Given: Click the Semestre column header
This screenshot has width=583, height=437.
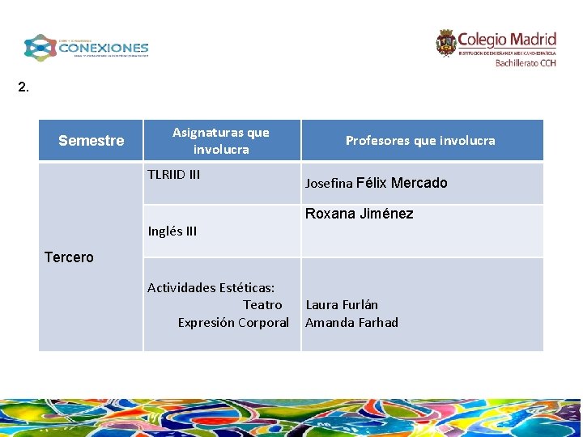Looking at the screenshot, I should pyautogui.click(x=91, y=141).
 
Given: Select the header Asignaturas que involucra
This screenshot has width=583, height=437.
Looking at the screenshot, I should pyautogui.click(x=221, y=141).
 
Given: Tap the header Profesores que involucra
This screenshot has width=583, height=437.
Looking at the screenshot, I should pyautogui.click(x=420, y=141).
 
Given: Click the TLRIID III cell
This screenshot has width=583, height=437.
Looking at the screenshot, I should pyautogui.click(x=174, y=175).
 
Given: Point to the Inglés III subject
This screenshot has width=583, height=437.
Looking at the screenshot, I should pyautogui.click(x=172, y=231).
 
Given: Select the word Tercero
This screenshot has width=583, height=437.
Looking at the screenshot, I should pyautogui.click(x=69, y=257).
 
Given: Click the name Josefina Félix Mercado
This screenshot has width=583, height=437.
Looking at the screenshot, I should pyautogui.click(x=376, y=184).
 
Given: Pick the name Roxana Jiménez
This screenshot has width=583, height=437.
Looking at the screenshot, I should pyautogui.click(x=359, y=214).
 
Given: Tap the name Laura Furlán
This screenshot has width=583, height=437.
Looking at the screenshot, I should pyautogui.click(x=342, y=305).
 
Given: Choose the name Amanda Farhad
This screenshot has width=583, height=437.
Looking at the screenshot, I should pyautogui.click(x=351, y=323).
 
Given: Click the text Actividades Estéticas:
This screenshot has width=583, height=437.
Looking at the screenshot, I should pyautogui.click(x=211, y=287).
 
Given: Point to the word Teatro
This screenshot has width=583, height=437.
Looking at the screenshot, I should pyautogui.click(x=262, y=305).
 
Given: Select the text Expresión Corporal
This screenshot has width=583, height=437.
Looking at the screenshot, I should pyautogui.click(x=233, y=323).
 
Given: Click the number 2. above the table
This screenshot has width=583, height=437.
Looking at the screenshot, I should pyautogui.click(x=23, y=87).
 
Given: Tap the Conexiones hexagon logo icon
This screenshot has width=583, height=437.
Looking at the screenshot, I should pyautogui.click(x=39, y=48).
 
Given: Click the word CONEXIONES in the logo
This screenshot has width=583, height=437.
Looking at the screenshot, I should pyautogui.click(x=104, y=48).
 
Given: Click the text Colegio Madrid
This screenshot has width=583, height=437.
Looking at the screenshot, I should pyautogui.click(x=507, y=40).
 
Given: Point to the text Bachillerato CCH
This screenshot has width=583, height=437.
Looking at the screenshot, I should pyautogui.click(x=526, y=63).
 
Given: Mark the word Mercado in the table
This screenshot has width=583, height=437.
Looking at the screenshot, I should pyautogui.click(x=419, y=184).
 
